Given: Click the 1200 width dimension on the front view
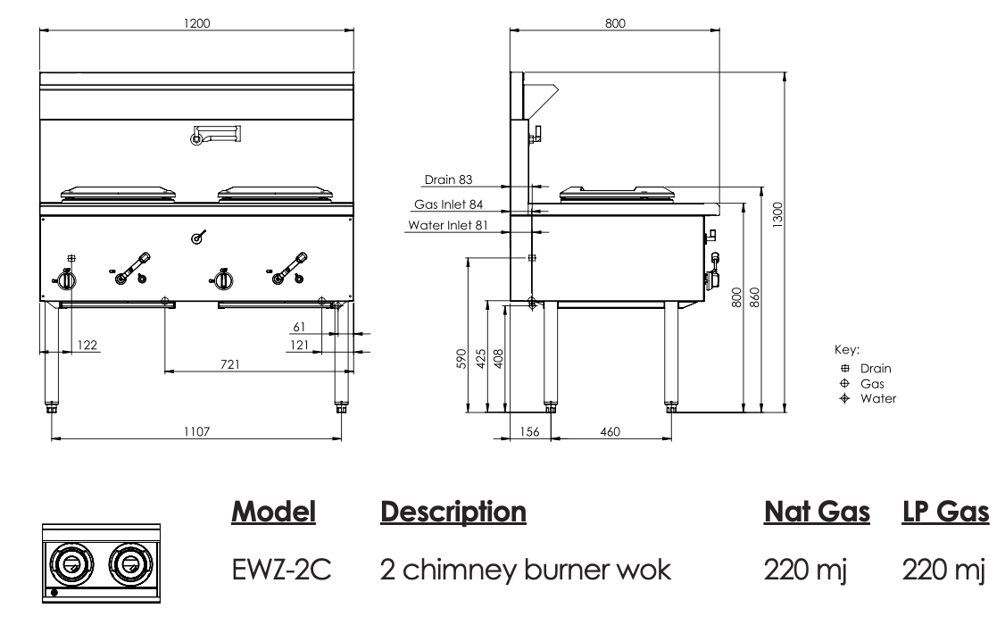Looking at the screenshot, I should [196, 23].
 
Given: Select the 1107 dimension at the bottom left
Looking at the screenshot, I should [196, 431].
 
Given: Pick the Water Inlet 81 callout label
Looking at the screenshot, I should [447, 225].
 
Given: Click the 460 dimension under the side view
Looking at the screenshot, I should [610, 432].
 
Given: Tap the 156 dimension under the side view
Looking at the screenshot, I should [529, 432].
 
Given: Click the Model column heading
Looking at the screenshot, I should [274, 512].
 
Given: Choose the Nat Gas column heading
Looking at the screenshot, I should [817, 512].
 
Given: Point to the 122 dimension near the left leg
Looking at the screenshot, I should [87, 345].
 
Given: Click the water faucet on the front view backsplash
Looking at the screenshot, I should [214, 135].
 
